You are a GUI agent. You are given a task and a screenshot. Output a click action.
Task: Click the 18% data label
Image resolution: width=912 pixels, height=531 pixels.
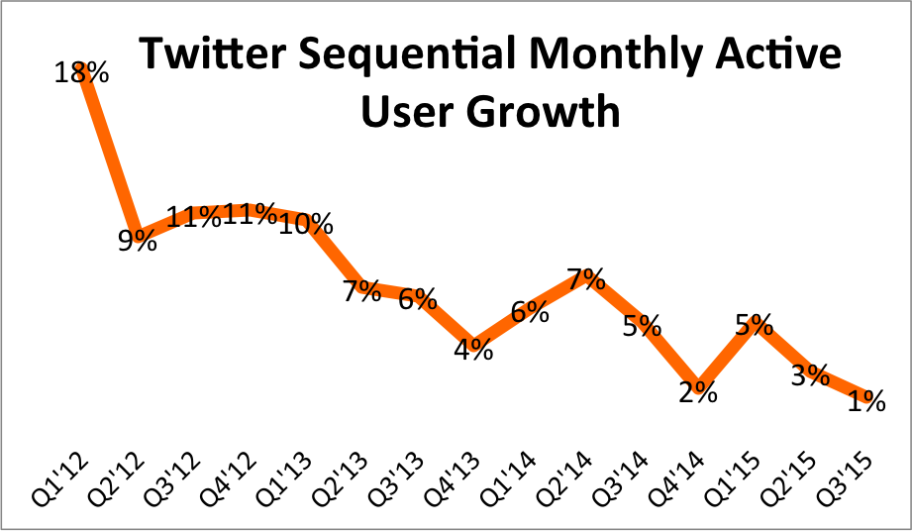[x=81, y=72]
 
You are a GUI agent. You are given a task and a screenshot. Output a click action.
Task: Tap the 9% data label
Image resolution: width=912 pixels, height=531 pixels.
[x=138, y=240]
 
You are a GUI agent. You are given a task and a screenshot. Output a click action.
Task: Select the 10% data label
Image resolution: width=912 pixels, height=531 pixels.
[x=306, y=224]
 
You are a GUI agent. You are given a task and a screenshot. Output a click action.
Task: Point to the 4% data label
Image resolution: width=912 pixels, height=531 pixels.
[x=474, y=350]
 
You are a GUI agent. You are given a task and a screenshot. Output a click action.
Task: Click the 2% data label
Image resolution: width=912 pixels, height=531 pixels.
[x=697, y=392]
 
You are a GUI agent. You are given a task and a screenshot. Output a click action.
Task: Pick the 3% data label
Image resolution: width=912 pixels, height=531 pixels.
[x=810, y=374]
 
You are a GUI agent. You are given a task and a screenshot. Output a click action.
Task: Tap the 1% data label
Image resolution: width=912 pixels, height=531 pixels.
[x=866, y=401]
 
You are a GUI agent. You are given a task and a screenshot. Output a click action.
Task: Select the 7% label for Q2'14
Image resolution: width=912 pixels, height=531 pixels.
[x=586, y=279]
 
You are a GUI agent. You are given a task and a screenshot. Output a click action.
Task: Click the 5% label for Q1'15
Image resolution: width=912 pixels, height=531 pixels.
[x=755, y=324]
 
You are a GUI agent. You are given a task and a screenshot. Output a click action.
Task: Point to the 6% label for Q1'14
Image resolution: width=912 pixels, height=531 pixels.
[x=530, y=311]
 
